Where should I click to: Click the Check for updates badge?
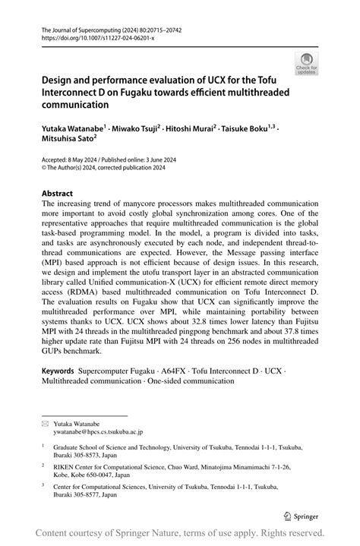(x=307, y=64)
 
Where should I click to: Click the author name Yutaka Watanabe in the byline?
(x=74, y=129)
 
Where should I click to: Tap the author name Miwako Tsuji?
(x=137, y=129)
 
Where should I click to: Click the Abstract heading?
(x=58, y=194)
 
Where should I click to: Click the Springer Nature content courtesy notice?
(x=180, y=532)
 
